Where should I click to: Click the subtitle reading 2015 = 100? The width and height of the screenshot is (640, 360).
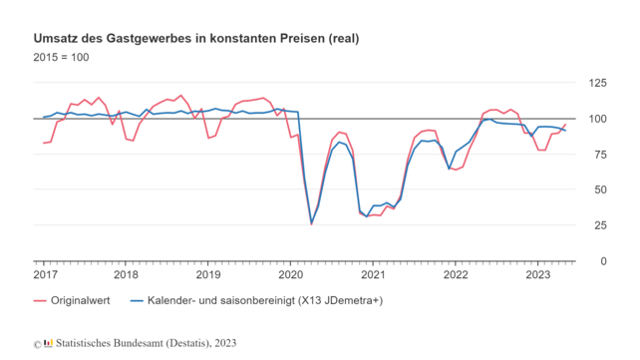coord(61,58)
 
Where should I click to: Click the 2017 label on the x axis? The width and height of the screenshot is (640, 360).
coord(44,274)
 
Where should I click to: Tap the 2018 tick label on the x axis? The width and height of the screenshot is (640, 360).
coord(126,274)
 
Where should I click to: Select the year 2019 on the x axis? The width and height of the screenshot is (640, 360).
coord(207,274)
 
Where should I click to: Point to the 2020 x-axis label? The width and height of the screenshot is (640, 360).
coord(290,274)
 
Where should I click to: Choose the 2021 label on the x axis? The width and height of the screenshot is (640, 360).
coord(373,274)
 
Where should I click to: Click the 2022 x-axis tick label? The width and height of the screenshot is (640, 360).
coord(455,274)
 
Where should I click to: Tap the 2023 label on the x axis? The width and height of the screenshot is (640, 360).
coord(537,274)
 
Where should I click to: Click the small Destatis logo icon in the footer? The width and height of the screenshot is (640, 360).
coord(48,343)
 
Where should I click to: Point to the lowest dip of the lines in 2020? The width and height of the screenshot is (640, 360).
coord(311,223)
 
